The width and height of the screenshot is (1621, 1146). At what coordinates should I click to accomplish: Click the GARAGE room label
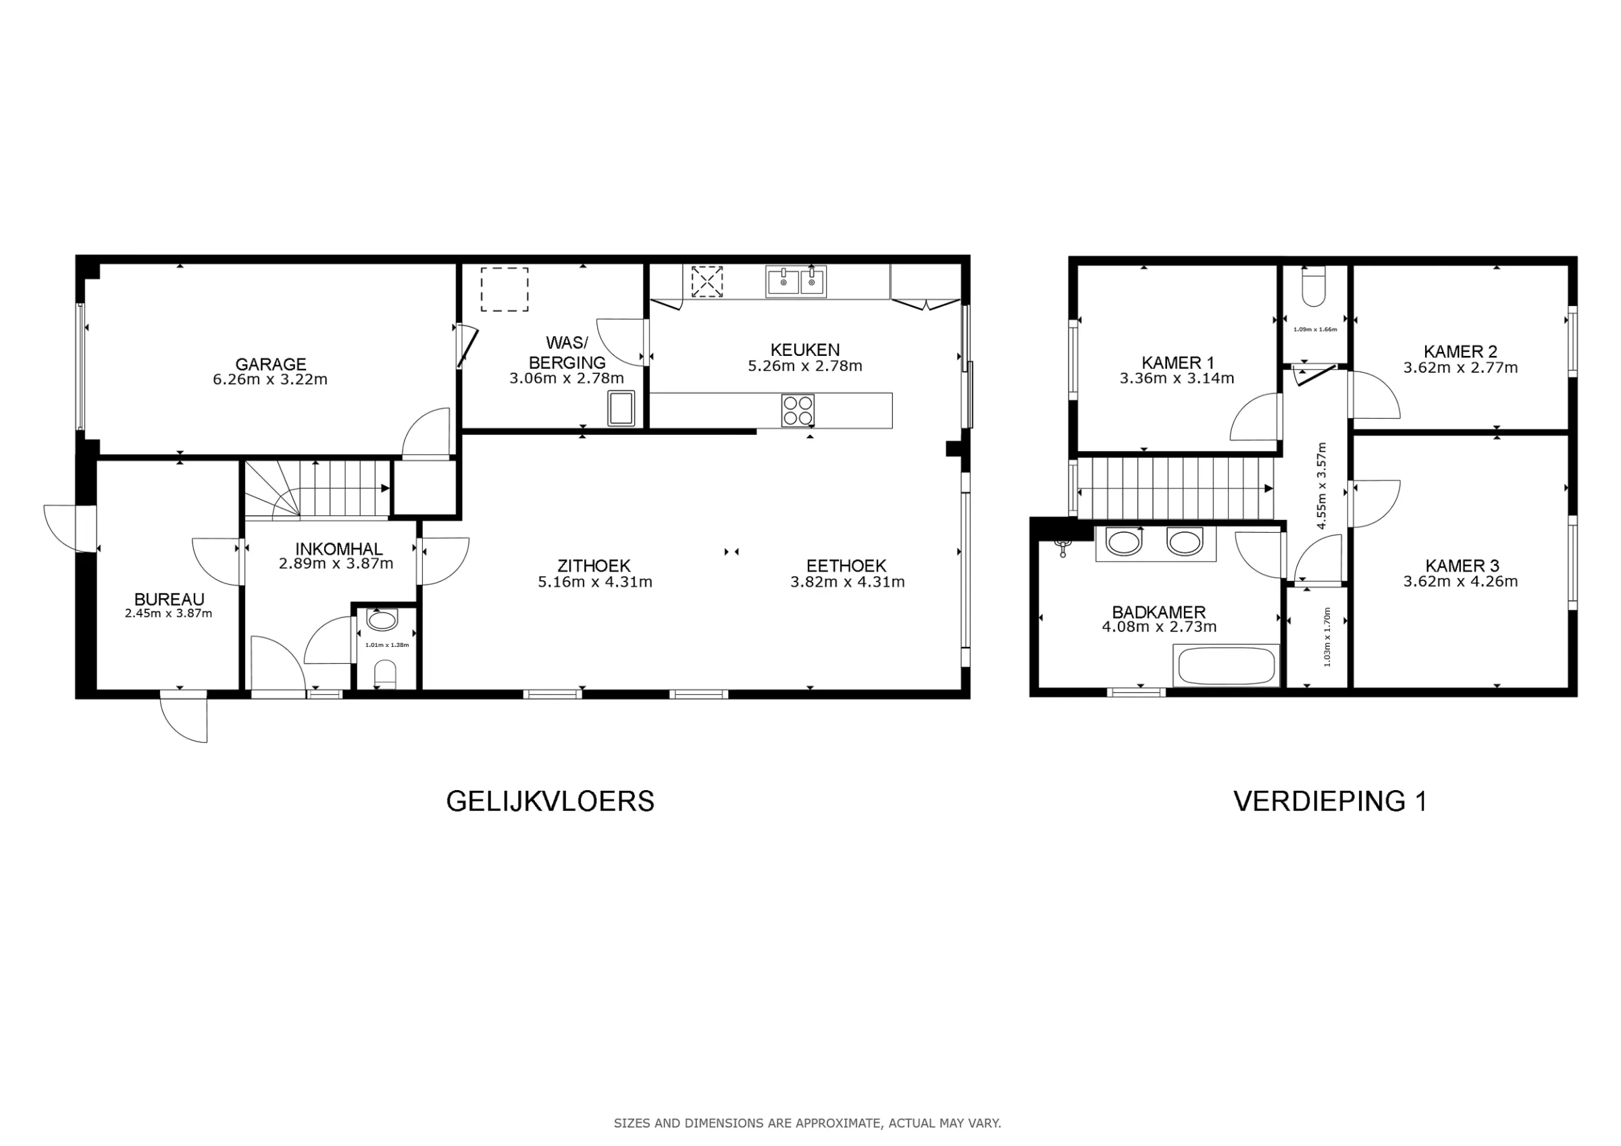(x=270, y=365)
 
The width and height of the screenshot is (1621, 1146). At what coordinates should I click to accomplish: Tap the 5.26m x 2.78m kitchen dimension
(x=805, y=366)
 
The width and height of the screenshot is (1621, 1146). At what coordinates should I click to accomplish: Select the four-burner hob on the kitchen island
(x=798, y=410)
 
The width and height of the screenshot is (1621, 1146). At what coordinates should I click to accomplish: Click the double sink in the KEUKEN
(x=796, y=282)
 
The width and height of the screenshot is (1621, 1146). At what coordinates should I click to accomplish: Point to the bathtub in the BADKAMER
(x=1226, y=665)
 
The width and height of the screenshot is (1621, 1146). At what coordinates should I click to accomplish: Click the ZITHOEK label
(x=593, y=566)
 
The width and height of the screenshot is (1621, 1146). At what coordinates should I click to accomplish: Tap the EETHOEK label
(x=846, y=566)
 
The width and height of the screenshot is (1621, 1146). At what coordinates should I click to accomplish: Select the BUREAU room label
(x=170, y=600)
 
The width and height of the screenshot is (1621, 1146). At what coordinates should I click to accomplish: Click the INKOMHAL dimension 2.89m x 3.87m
(x=336, y=563)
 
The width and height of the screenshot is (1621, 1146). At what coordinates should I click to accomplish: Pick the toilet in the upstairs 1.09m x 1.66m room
(x=1314, y=287)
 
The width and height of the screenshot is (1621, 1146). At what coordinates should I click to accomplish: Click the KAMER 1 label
(x=1178, y=363)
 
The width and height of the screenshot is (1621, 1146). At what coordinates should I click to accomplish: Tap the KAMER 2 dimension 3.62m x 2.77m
(x=1460, y=367)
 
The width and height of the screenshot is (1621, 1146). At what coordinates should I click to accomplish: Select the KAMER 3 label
(x=1462, y=566)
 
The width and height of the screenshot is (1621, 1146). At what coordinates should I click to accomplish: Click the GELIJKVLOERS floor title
(x=550, y=802)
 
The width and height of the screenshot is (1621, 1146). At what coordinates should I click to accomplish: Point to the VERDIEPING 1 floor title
(x=1330, y=802)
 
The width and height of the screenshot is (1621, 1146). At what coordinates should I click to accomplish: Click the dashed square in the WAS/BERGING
(x=505, y=289)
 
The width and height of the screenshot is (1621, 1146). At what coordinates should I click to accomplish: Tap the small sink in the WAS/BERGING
(x=621, y=408)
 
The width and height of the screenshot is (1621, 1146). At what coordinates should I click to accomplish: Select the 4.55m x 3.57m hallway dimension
(x=1322, y=485)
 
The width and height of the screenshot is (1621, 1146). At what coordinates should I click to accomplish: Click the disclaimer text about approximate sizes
(x=807, y=1122)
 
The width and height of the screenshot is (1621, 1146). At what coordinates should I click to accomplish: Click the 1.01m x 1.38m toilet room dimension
(x=387, y=645)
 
